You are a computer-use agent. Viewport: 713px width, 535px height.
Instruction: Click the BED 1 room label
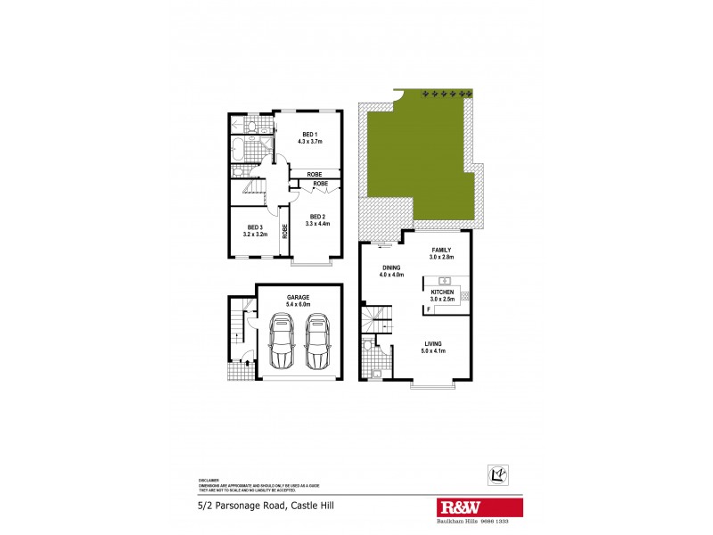point(310,134)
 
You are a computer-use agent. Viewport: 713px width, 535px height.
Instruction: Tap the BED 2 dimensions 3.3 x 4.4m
point(318,223)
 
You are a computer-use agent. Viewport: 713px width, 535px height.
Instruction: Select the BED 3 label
point(255,226)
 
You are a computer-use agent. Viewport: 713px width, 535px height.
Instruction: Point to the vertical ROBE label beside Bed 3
point(285,230)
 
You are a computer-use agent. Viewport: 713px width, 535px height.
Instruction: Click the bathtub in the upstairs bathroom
point(241,148)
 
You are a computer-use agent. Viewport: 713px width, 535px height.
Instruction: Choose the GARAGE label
point(298,296)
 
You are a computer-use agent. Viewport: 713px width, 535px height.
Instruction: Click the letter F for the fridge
point(429,309)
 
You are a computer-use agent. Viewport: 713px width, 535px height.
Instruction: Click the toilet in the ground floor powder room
point(368,345)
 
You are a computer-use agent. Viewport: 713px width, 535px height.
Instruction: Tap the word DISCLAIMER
point(208,478)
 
